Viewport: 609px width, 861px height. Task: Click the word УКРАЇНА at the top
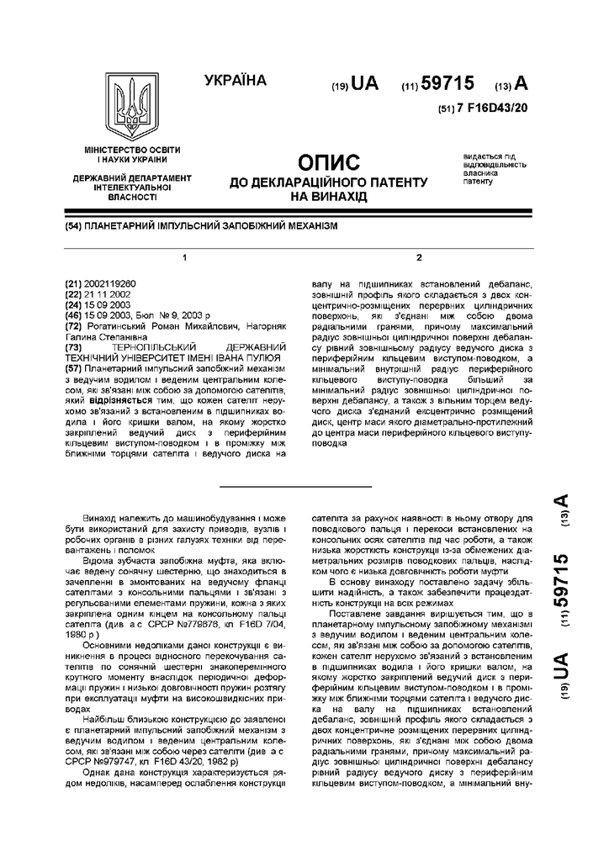(235, 81)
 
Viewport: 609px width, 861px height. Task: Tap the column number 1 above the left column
(184, 256)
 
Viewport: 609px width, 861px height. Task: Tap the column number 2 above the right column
(418, 256)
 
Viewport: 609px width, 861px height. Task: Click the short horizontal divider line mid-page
(295, 486)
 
